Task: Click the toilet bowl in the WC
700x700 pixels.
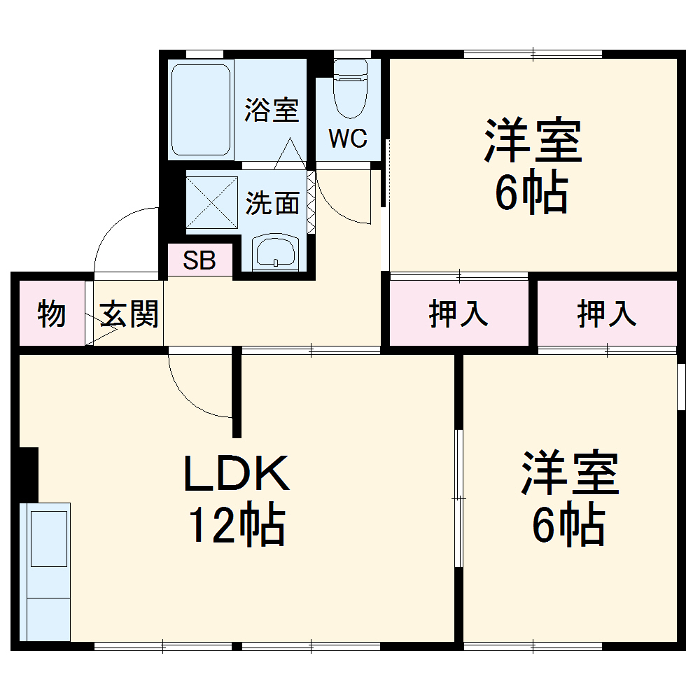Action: pos(351,90)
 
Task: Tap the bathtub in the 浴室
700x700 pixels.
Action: pos(201,110)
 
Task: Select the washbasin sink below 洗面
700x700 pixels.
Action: pos(275,252)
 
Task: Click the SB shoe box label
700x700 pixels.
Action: pos(199,260)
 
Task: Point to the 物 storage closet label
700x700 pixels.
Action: pos(52,314)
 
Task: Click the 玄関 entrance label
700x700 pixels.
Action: pos(129,314)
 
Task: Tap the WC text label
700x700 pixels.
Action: pos(348,139)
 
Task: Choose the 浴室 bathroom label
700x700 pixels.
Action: pos(272,110)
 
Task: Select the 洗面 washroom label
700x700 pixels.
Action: pos(272,203)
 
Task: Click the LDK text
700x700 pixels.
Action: pos(237,473)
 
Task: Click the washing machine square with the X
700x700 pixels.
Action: pos(211,203)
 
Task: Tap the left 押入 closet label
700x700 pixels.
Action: pos(458,314)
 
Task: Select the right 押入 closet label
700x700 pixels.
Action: pos(607,314)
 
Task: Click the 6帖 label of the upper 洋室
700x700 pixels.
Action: pos(532,192)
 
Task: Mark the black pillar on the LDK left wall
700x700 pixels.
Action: pos(29,475)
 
